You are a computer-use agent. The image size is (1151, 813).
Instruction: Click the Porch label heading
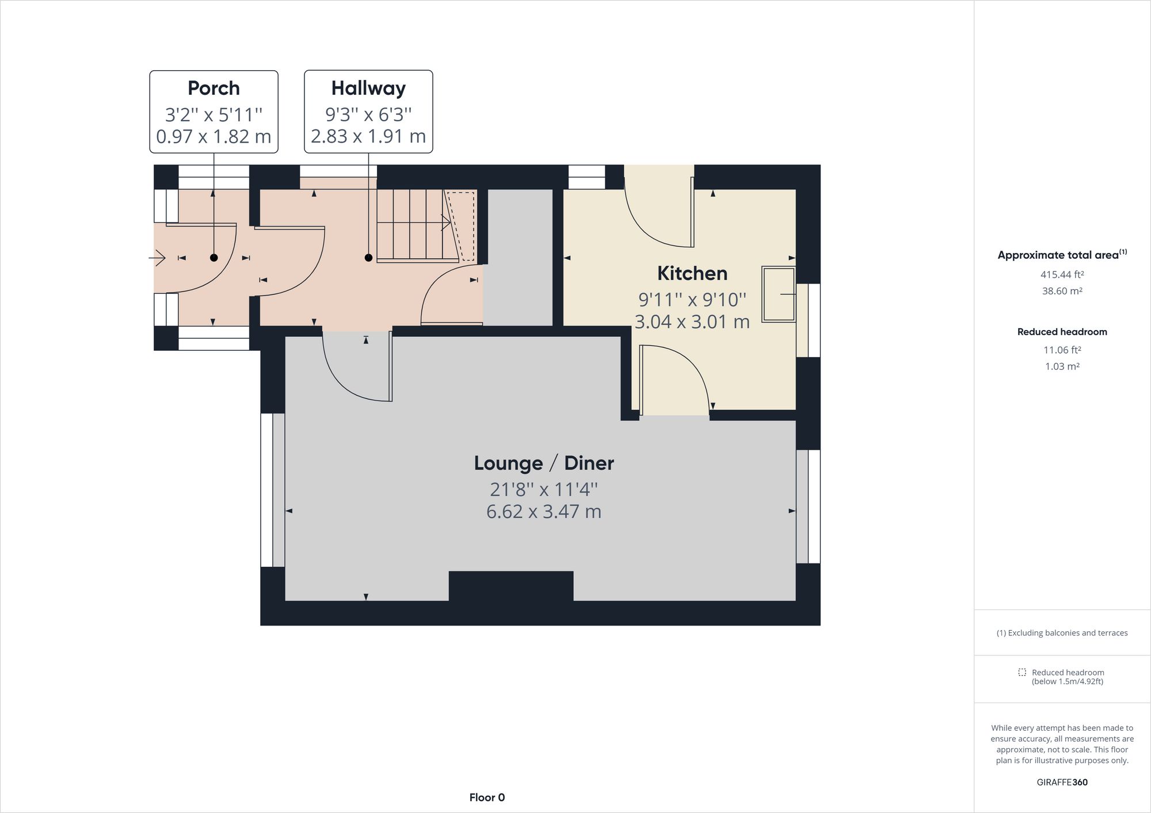click(214, 88)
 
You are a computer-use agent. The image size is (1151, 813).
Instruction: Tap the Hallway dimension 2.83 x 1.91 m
click(368, 136)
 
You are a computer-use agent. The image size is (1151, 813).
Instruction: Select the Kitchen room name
click(692, 273)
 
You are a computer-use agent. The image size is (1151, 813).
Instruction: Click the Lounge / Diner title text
click(544, 463)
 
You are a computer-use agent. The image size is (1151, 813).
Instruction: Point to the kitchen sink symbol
click(778, 294)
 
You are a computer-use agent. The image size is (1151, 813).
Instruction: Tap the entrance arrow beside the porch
click(157, 258)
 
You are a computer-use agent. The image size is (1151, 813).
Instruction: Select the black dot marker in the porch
click(214, 258)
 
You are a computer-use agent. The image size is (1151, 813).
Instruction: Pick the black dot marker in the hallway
click(368, 258)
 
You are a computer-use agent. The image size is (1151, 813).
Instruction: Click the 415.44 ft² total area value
click(1062, 275)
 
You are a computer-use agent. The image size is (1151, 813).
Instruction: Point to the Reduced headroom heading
click(1062, 332)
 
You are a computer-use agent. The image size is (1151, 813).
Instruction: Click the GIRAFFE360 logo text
click(1062, 782)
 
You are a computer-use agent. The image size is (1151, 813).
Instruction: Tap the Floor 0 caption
click(487, 797)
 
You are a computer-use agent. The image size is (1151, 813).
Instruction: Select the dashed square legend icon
click(1022, 672)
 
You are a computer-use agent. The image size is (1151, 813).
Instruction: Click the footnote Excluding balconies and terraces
click(1062, 633)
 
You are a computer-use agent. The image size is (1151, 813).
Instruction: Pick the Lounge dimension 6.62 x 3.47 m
click(544, 511)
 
